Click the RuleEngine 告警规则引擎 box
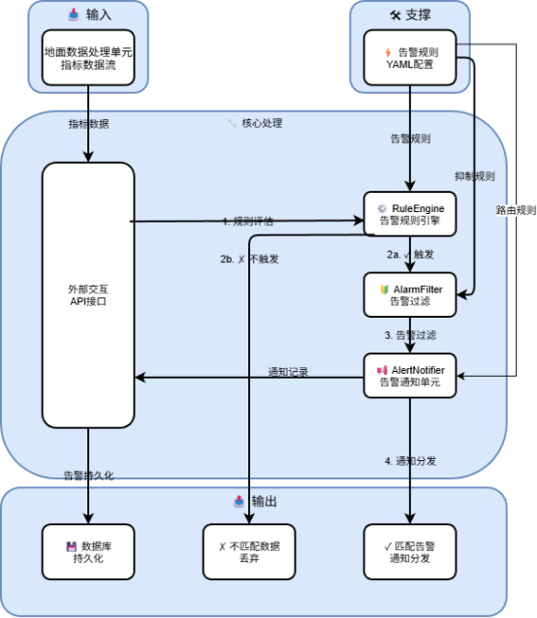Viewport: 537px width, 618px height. click(x=410, y=214)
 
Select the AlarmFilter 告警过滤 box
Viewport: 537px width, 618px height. click(x=410, y=294)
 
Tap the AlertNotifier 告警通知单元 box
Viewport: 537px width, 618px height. click(x=410, y=376)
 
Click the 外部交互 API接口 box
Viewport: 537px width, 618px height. click(x=88, y=295)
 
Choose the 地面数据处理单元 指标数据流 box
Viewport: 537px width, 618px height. click(x=88, y=57)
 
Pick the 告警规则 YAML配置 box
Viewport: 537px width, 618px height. click(x=410, y=57)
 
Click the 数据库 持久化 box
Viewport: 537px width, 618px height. click(x=88, y=552)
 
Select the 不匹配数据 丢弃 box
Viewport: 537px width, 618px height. click(x=249, y=552)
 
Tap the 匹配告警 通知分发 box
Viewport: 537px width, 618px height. click(x=410, y=552)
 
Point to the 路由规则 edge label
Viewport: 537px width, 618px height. click(x=516, y=210)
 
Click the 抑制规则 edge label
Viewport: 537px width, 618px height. click(x=475, y=176)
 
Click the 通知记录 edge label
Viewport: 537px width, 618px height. click(x=288, y=372)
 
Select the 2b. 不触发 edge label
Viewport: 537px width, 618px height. click(x=249, y=259)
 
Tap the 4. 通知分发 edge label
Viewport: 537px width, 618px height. click(x=410, y=461)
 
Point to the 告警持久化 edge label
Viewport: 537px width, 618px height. click(x=89, y=476)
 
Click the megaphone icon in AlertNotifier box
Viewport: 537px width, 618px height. click(x=382, y=370)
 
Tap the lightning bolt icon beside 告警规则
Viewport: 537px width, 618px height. click(x=388, y=52)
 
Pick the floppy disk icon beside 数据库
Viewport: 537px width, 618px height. click(x=72, y=546)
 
